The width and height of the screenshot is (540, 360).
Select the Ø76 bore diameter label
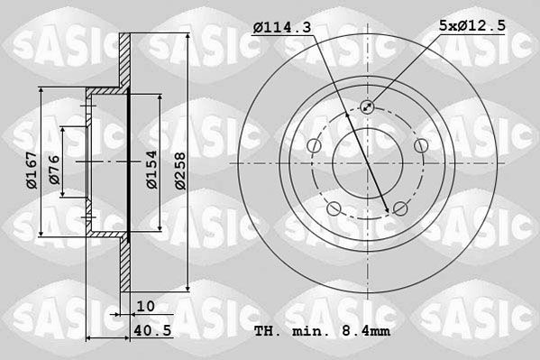(x=55, y=171)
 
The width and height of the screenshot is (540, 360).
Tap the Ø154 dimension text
(x=152, y=169)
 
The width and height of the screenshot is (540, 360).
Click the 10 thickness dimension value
(x=146, y=307)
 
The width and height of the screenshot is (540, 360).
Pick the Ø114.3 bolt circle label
(x=281, y=29)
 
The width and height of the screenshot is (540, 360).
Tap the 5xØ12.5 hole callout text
(x=473, y=29)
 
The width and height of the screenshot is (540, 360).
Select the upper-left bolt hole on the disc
(x=313, y=146)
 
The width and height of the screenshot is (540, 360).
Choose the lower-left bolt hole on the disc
(x=334, y=210)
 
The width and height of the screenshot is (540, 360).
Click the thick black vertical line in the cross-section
(x=129, y=162)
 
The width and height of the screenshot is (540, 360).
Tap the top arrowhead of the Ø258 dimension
(x=187, y=34)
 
